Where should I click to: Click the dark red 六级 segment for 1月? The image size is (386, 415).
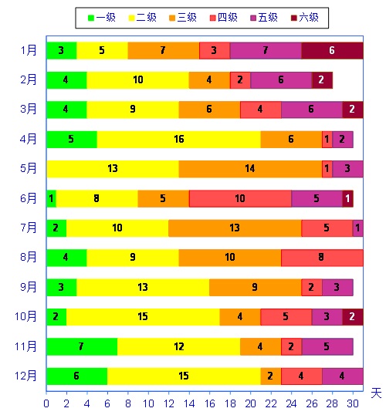click(x=332, y=51)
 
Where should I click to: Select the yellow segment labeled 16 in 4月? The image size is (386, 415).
click(x=179, y=139)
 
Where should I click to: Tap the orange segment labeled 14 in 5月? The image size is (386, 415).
click(x=250, y=169)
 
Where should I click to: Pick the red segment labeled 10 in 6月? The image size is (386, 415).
click(x=240, y=198)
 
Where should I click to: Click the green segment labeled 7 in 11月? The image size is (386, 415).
click(x=82, y=346)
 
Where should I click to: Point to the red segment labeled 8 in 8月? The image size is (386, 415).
click(x=322, y=258)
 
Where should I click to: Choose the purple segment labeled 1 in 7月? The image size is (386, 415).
click(x=358, y=228)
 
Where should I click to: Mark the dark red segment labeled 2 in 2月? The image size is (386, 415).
click(x=322, y=80)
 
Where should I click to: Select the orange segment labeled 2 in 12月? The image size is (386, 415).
click(x=271, y=376)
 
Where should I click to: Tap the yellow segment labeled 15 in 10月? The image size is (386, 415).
click(x=143, y=316)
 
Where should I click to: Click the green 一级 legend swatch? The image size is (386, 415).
click(x=91, y=18)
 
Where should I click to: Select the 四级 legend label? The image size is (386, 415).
click(x=228, y=18)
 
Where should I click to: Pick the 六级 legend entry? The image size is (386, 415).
click(x=305, y=18)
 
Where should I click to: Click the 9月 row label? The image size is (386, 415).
click(x=29, y=287)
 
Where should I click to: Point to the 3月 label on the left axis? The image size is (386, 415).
click(x=29, y=109)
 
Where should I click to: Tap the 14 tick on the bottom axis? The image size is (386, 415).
click(x=189, y=403)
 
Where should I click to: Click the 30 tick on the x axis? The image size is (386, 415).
click(x=353, y=403)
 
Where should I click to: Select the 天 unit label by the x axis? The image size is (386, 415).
click(x=376, y=393)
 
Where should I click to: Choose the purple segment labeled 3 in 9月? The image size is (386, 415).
click(x=337, y=287)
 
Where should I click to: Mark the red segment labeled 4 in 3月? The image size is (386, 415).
click(x=261, y=110)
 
